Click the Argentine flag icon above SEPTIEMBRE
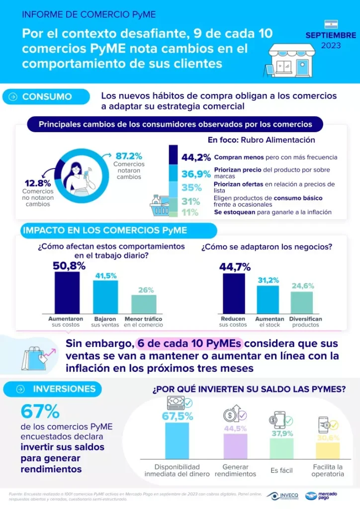[331, 24]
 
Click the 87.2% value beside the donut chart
[129, 156]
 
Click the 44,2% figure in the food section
[196, 158]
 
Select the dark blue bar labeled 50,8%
[67, 291]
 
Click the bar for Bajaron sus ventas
[105, 296]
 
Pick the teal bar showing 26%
[144, 303]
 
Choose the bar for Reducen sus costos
[234, 292]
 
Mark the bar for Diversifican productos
[302, 301]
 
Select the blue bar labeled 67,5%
[177, 440]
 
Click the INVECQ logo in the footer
[282, 496]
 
